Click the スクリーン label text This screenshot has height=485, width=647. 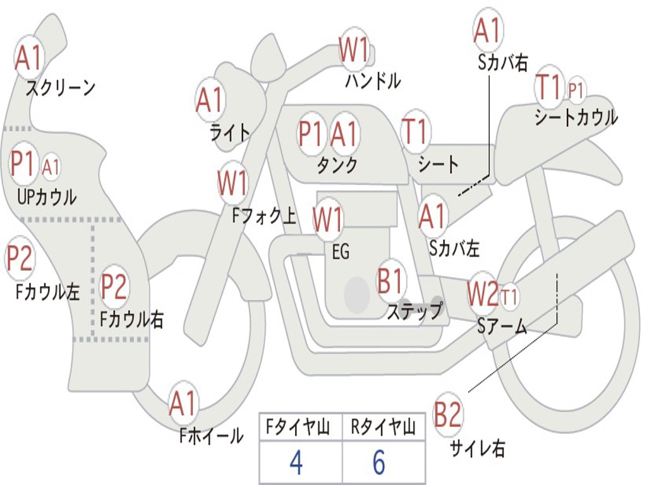point(60,88)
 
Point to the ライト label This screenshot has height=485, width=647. point(230,133)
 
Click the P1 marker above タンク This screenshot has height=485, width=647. point(311,134)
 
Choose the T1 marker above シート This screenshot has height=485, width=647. point(415,133)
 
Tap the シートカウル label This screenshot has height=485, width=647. point(576,117)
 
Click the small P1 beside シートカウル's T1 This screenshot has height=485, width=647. point(576,90)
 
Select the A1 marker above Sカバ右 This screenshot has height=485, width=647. point(488,30)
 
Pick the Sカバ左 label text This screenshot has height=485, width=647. point(454,248)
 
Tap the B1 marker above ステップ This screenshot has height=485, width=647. point(391,282)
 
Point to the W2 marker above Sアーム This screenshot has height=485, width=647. point(483,293)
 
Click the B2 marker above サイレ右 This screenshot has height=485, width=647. point(448,414)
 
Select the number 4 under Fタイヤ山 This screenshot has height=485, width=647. point(296,464)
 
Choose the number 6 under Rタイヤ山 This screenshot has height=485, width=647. point(378,464)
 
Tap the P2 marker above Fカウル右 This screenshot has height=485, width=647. point(114,287)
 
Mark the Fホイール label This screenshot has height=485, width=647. point(211,435)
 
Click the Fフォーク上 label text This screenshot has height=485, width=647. point(263,217)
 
